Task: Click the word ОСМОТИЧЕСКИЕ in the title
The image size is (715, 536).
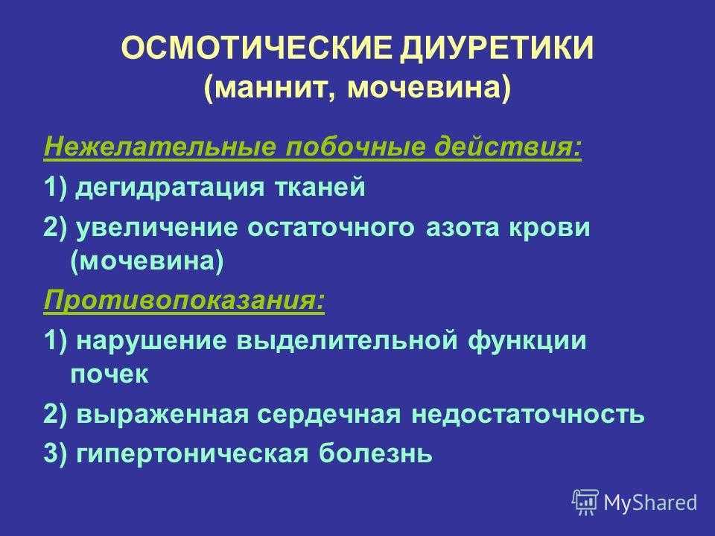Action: coord(257,48)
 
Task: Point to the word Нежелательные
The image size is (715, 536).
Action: coord(160,147)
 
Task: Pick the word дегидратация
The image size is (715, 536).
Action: coord(170,188)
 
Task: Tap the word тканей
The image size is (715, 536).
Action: coord(320,187)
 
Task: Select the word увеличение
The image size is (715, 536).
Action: coord(156,228)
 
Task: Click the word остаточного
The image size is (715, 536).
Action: coord(331,228)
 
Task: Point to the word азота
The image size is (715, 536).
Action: coord(462,228)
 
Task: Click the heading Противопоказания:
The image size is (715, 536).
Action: coord(185,301)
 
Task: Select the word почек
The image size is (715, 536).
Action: coord(109,374)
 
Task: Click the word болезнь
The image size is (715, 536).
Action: coord(375,453)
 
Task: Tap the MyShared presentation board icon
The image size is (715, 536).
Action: coord(585,502)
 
